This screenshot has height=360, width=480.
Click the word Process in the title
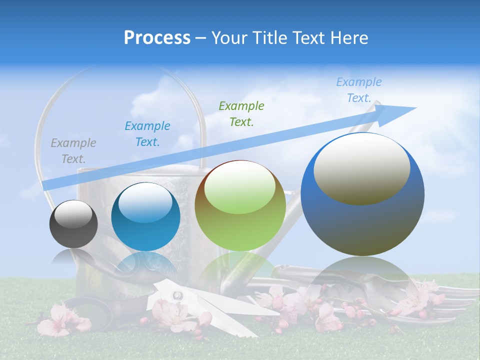coord(157,38)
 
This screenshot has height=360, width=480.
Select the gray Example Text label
coord(73,151)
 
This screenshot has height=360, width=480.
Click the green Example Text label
coord(241,113)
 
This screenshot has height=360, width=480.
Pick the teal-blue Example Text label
coord(147,134)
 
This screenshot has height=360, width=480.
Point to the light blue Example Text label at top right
coord(359,90)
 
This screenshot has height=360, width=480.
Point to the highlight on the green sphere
coord(240,187)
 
